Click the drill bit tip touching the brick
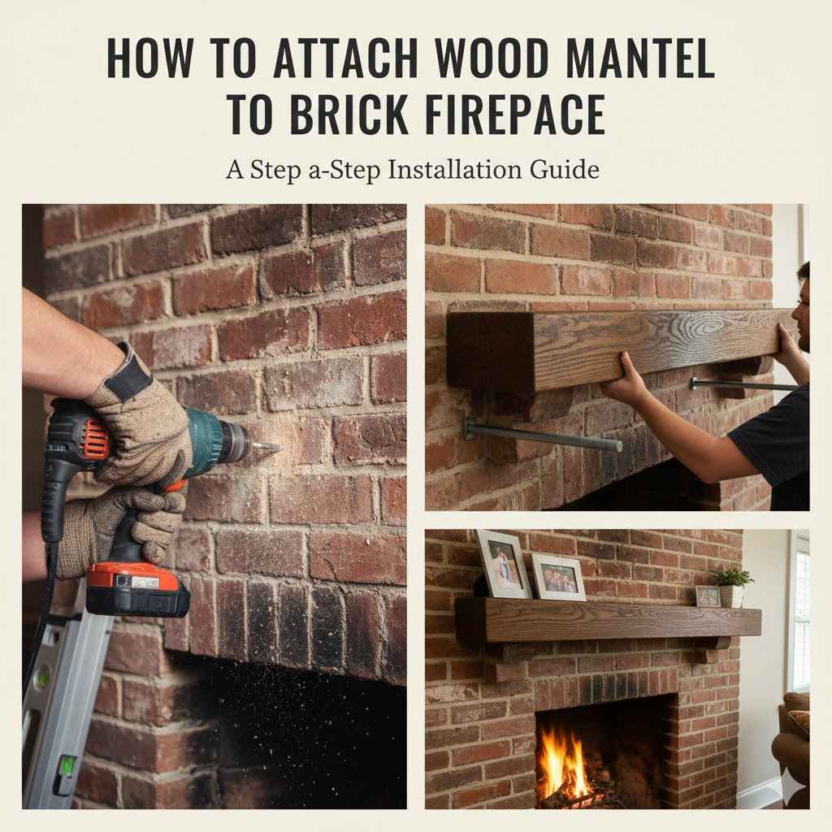(275, 447)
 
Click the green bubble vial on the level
(63, 764)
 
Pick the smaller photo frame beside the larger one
(558, 577)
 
